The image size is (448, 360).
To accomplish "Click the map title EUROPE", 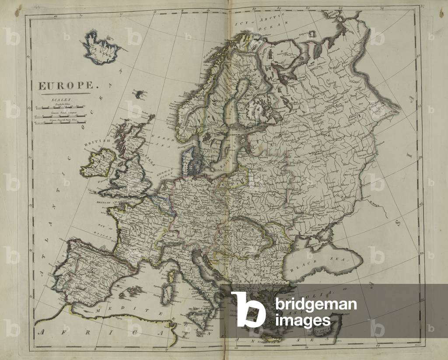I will (x=63, y=86).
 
